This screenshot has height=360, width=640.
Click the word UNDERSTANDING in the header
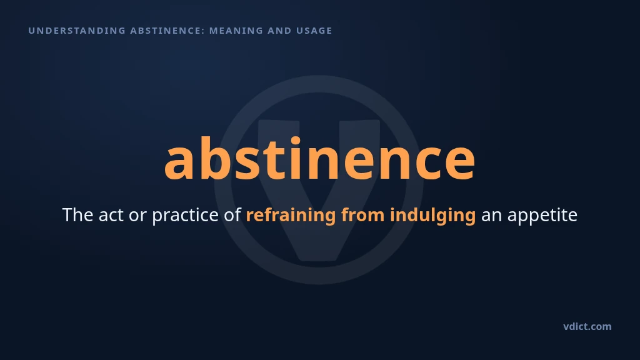pos(77,31)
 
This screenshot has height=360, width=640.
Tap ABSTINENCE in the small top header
pos(165,31)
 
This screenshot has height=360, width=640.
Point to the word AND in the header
pos(279,31)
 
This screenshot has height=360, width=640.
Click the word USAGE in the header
pos(314,31)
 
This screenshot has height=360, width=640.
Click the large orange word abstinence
pos(319,158)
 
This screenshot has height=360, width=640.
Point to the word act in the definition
pos(111,216)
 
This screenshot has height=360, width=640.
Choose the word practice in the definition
pos(185,216)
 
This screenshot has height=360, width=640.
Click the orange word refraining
pos(291,216)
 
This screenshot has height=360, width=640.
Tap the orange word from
pos(363,215)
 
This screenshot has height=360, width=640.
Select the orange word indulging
pos(432,216)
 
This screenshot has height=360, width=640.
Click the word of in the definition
pos(232,215)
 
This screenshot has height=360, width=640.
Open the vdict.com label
pos(587,326)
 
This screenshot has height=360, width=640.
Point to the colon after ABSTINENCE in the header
pos(203,31)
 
